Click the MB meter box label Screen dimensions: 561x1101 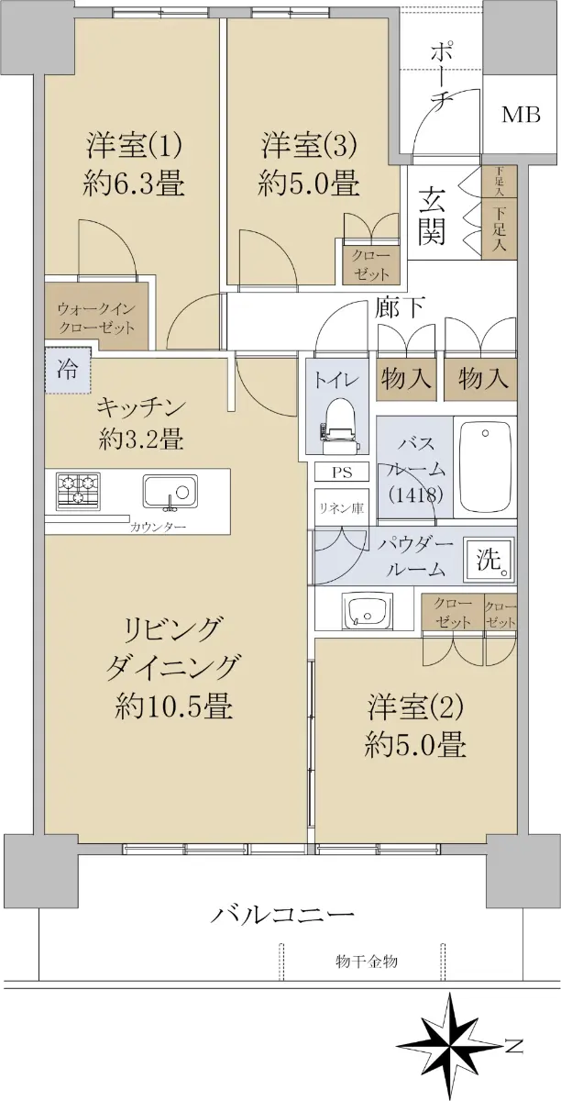coord(521,115)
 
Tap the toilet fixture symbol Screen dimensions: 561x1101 coord(339,424)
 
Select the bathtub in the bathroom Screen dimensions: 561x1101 coord(485,467)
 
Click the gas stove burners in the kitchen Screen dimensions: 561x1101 coord(78,491)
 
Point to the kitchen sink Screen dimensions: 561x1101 coord(170,492)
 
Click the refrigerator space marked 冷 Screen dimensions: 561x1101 coord(68,370)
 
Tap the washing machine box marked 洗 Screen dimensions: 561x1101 coord(489,562)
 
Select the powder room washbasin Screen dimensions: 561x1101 coord(368,610)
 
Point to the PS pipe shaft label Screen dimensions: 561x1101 coord(342,473)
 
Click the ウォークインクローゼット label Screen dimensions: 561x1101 coord(96,318)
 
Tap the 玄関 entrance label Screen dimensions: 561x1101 coord(432,216)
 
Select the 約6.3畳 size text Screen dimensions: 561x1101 coord(134,184)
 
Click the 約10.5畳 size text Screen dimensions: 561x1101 coord(174,707)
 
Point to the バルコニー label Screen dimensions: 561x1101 coord(282,915)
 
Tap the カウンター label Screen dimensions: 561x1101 coord(159,528)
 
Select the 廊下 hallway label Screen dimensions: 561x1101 coord(401,307)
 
